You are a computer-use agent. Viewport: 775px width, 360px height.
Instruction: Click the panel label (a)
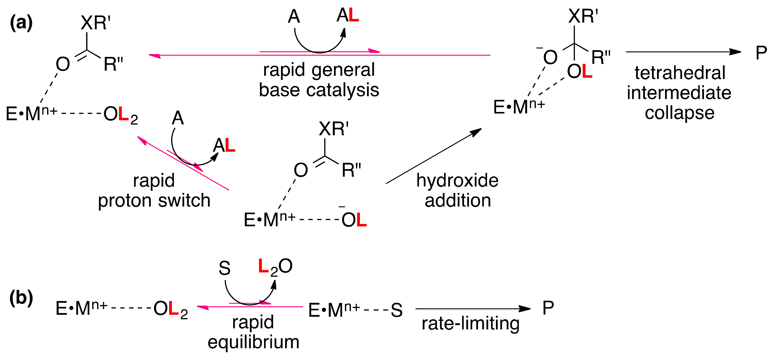[x=21, y=23]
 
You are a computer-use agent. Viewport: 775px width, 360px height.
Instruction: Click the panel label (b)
[x=21, y=298]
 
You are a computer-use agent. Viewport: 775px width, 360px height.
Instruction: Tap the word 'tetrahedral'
[x=680, y=73]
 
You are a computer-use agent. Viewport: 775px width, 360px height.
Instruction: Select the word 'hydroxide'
[x=457, y=181]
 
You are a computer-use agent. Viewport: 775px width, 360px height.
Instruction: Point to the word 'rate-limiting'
[x=470, y=324]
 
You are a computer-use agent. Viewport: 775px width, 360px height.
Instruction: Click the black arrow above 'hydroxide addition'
[x=433, y=156]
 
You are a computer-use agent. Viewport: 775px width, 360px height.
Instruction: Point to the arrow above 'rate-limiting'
[x=472, y=309]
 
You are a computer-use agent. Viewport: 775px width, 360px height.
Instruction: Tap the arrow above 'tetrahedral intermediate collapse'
[x=683, y=52]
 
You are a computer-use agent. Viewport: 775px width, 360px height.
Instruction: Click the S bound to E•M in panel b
[x=397, y=310]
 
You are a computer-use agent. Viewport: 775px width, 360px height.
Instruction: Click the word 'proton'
[x=126, y=201]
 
